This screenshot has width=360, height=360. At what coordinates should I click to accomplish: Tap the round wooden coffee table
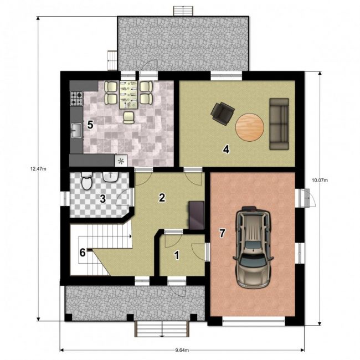point(250,127)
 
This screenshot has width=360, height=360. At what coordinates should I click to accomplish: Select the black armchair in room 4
point(223,114)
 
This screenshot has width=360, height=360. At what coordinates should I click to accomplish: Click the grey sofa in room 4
point(279,124)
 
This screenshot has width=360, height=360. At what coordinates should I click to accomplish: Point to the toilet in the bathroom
point(86,181)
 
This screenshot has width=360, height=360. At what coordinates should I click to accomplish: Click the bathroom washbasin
point(111,177)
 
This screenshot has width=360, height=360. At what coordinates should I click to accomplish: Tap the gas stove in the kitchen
point(76,99)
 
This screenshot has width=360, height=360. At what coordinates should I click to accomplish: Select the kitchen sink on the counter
point(76,130)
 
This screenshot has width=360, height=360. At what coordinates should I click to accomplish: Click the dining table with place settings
point(128,94)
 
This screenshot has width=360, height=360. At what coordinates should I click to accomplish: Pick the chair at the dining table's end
point(128,117)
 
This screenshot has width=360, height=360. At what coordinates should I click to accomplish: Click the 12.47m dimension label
point(38,169)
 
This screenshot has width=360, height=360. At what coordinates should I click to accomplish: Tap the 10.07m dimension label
point(320,180)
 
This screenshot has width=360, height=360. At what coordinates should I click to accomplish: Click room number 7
point(222,233)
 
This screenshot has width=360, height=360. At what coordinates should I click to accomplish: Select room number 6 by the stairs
point(83,253)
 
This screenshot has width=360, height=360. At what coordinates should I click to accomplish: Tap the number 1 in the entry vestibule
point(177,255)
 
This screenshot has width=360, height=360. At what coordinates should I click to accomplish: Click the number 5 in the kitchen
point(90,125)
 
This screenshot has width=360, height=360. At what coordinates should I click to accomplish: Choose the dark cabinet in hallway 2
point(197,215)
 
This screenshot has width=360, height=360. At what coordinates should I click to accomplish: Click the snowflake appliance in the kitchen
point(121,161)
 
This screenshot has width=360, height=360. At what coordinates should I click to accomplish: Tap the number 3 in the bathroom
point(102,199)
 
